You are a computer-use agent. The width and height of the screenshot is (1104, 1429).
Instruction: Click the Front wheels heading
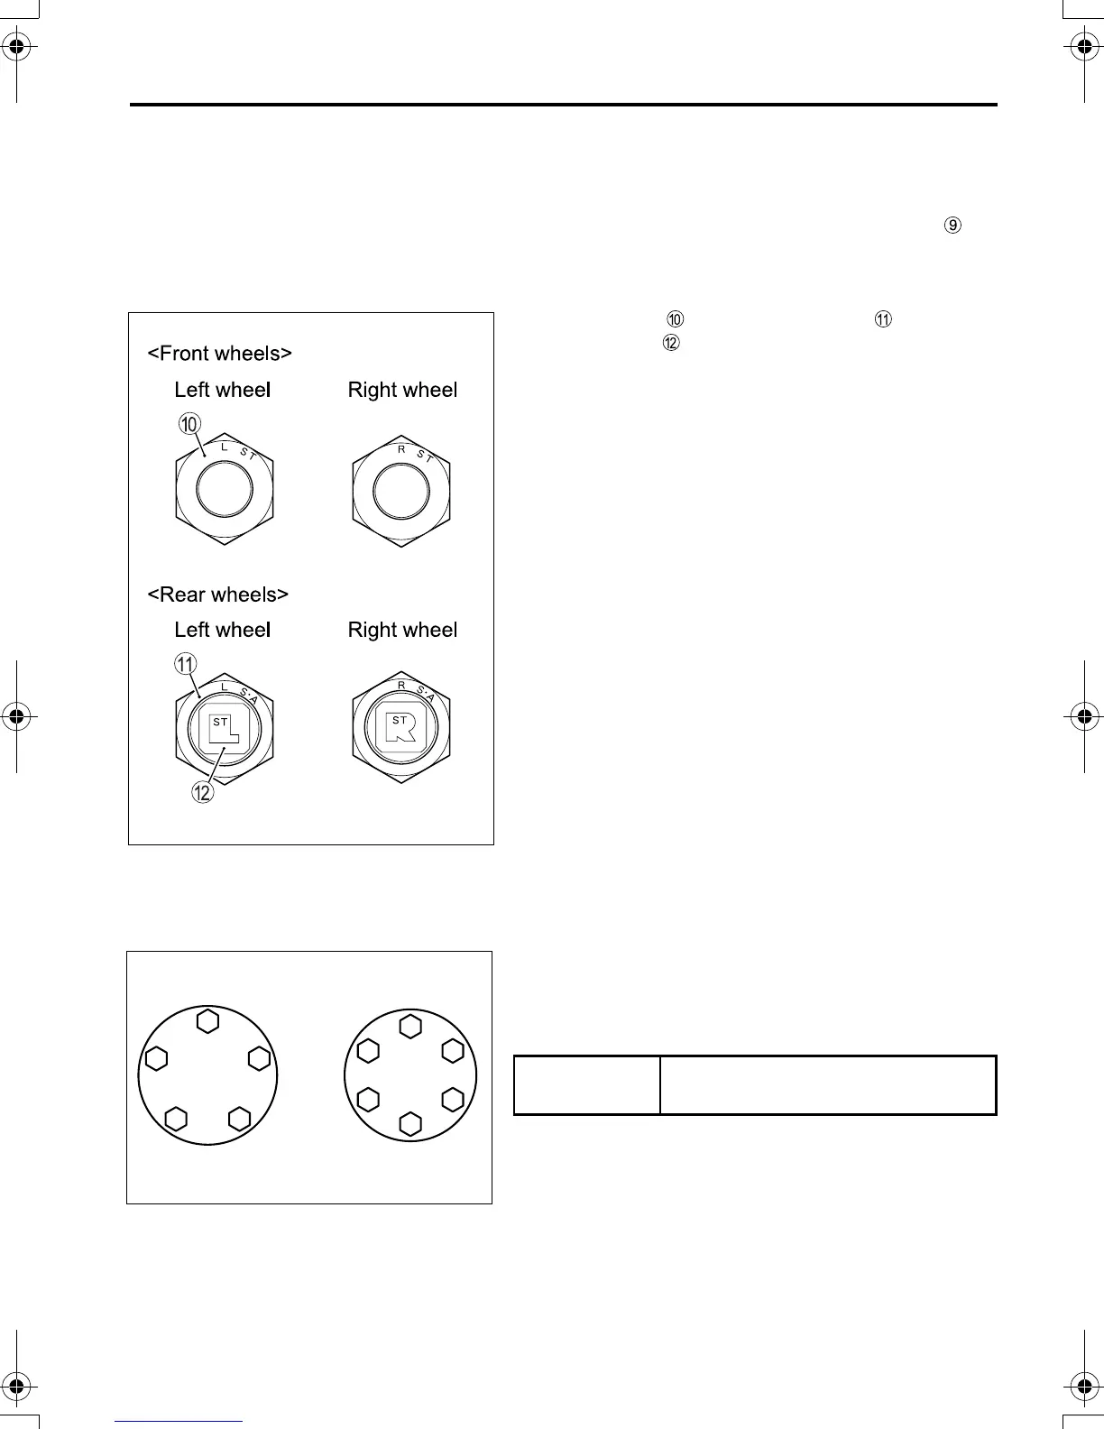coord(219,354)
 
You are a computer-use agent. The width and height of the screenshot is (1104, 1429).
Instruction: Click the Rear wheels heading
coord(217,595)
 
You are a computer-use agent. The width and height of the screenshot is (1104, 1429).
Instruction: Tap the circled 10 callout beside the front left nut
coord(189,424)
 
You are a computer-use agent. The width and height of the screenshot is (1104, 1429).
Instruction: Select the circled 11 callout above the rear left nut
coord(185,665)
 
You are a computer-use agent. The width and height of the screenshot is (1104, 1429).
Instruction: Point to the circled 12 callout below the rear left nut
coord(202,793)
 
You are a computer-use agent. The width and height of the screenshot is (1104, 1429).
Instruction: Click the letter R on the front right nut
coord(401,448)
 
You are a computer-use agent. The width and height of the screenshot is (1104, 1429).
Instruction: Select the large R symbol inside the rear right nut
coord(401,728)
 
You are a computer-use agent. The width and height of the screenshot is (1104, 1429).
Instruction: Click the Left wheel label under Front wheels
coord(223,390)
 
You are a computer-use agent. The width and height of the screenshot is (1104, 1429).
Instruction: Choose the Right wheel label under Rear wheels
coord(402,630)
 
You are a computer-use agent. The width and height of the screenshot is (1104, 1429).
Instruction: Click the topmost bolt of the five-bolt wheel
coord(207,1021)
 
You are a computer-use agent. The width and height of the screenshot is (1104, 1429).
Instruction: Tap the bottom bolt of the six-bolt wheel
coord(410,1124)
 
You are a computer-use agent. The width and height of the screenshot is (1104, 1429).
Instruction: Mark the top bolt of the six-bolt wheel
coord(410,1027)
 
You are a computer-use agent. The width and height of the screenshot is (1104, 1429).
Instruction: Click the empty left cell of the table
coord(586,1085)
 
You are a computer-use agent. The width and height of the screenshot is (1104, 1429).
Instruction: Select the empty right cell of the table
coord(828,1085)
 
